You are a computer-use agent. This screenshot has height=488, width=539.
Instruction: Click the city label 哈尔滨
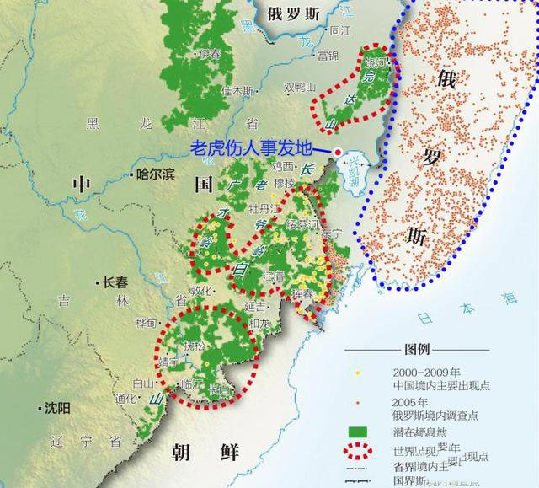pos(156,174)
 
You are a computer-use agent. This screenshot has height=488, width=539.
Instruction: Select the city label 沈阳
pos(57,408)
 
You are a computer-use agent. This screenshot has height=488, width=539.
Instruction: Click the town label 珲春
pos(304,292)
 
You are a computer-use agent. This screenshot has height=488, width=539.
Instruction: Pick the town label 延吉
pos(255,307)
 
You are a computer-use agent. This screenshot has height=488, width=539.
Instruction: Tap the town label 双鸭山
pos(299,87)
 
